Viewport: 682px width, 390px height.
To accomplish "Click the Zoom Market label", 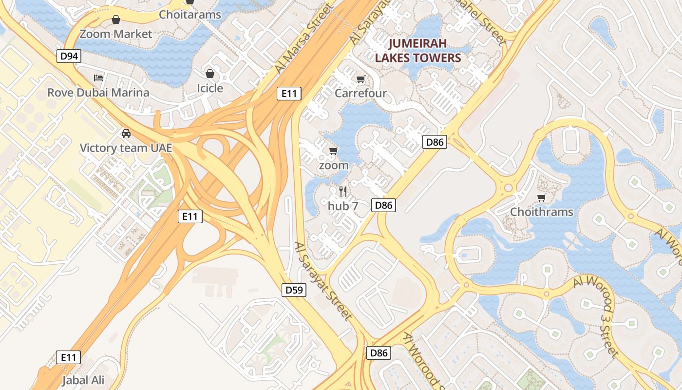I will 116,34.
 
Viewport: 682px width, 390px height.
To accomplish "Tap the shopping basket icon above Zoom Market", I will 116,20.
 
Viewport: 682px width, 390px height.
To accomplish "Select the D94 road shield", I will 69,57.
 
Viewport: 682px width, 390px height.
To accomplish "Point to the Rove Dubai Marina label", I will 98,93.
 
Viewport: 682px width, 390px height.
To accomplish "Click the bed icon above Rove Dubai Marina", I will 98,78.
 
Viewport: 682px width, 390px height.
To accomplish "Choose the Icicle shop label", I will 210,88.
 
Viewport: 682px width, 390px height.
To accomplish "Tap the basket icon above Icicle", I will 210,74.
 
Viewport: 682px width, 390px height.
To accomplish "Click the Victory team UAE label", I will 126,148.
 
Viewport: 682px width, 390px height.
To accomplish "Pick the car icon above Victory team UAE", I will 126,133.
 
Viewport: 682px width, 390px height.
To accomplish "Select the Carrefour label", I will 361,93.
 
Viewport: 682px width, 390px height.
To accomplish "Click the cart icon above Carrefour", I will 361,79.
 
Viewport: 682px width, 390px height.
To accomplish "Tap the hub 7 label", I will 343,206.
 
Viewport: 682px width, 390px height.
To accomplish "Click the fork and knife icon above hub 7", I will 343,192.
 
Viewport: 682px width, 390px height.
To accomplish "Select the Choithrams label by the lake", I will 542,212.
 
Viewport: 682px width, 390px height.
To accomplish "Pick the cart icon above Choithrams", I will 541,197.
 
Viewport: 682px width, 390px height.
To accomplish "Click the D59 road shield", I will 294,290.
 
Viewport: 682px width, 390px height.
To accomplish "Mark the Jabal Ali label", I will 83,380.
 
